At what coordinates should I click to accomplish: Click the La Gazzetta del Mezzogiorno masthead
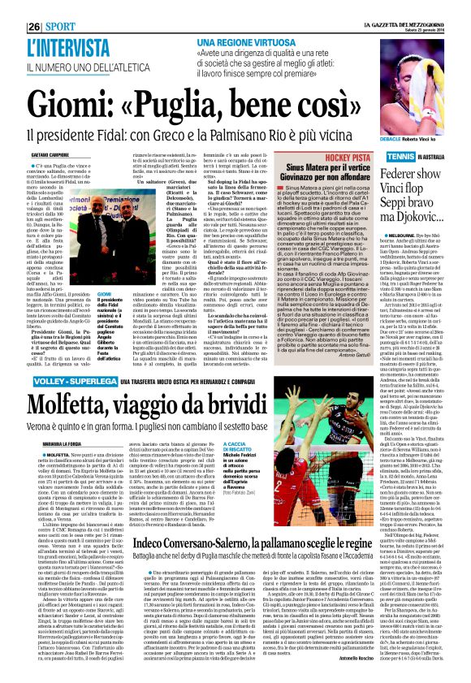(x=414, y=6)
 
